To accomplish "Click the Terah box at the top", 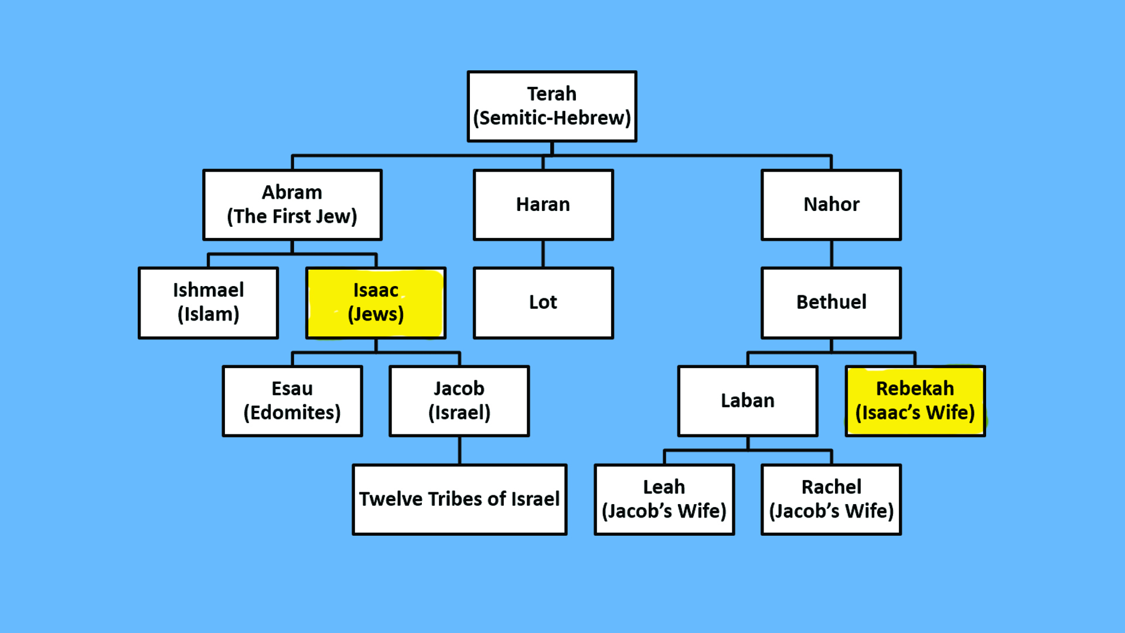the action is click(x=552, y=106).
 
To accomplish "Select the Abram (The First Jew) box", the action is click(x=292, y=205).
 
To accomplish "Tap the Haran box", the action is click(x=543, y=205).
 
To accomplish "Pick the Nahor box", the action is click(x=831, y=205).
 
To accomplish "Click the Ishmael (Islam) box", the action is click(x=208, y=303).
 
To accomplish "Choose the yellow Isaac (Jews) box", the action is click(x=376, y=303).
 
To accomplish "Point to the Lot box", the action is click(x=543, y=303).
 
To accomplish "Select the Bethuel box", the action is click(x=831, y=303).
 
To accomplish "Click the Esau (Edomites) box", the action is click(x=292, y=401).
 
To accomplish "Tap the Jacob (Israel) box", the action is click(x=459, y=401).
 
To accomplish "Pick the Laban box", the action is click(x=748, y=401).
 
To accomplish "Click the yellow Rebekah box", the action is click(x=915, y=401).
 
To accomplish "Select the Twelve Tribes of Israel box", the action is click(x=459, y=499).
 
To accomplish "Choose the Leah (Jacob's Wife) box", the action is click(x=664, y=499).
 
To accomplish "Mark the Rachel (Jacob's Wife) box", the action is click(x=831, y=499).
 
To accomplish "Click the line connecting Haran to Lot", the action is click(x=543, y=254).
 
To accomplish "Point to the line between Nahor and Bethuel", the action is click(x=831, y=254).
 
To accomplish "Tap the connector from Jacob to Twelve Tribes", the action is click(x=459, y=451).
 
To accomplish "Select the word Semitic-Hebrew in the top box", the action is click(x=552, y=118).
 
